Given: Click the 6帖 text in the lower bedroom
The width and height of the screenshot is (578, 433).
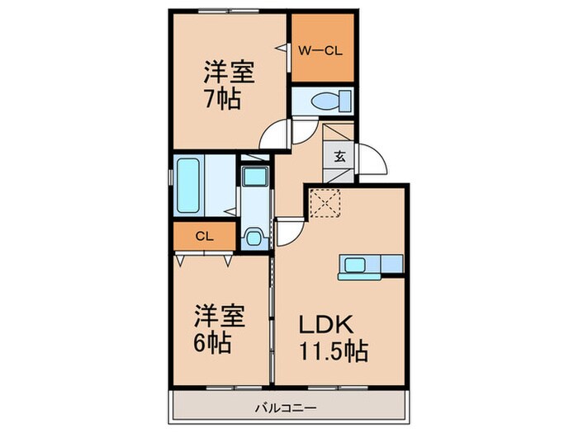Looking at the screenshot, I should tap(213, 339).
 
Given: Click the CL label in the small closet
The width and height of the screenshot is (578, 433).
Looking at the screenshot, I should tap(205, 237).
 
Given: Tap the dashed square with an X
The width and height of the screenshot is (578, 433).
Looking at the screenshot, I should tap(325, 202).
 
